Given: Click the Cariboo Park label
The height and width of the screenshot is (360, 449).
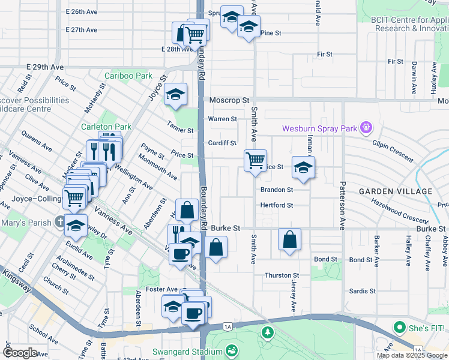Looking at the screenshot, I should tap(128, 76).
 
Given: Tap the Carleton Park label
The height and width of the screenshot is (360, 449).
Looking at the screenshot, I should tap(106, 127).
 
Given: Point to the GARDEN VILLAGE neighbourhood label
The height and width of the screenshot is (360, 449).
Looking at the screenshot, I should tap(395, 191).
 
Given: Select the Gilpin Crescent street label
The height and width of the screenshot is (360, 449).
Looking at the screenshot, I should tap(393, 150).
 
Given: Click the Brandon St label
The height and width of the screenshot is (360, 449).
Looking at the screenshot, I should tap(276, 190).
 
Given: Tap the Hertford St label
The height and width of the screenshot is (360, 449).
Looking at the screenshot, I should tap(276, 205).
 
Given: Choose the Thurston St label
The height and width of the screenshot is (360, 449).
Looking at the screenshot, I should tap(282, 275).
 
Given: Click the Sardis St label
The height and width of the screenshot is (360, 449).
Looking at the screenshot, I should tap(362, 291).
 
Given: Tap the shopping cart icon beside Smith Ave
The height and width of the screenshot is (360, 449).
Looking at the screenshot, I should tap(256, 160).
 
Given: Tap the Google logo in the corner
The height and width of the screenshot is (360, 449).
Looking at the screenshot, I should tap(20, 353).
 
